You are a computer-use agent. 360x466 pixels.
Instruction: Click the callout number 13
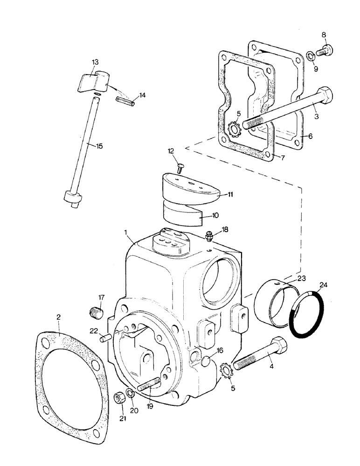coord(95,62)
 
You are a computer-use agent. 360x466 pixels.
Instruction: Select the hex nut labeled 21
coord(119,399)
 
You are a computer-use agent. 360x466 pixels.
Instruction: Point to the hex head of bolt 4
coord(278,346)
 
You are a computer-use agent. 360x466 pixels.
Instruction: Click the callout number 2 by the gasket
coord(58,317)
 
